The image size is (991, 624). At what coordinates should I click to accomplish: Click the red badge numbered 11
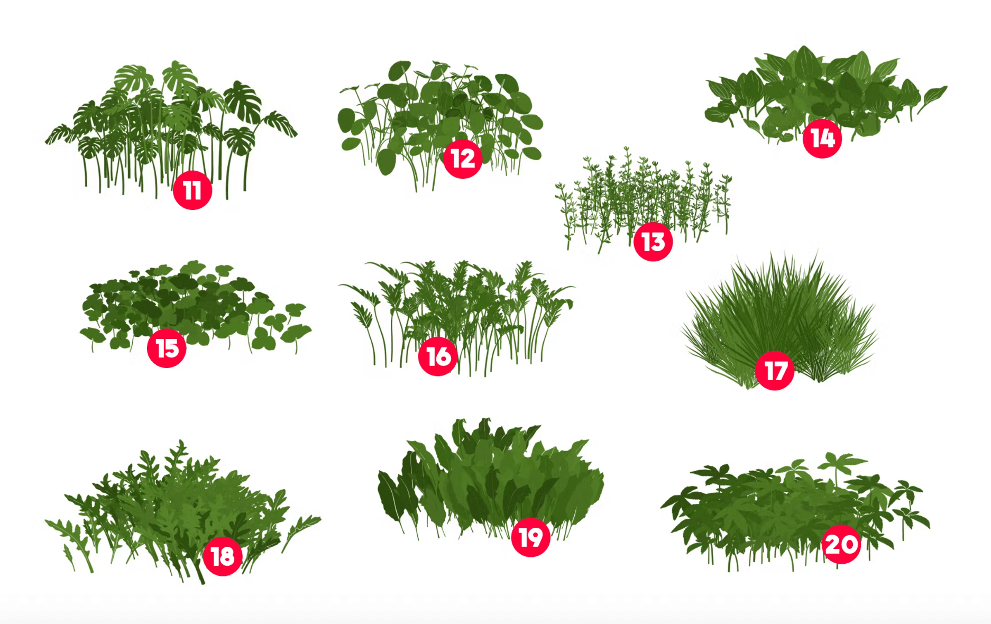[192, 190]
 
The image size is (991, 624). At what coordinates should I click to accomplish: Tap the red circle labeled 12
[463, 159]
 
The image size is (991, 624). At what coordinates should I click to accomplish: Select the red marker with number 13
[653, 242]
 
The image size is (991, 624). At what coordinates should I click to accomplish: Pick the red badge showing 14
[822, 139]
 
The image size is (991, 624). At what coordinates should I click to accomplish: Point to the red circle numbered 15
[167, 348]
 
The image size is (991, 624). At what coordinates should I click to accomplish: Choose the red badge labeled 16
[438, 356]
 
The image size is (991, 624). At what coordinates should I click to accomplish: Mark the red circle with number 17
[775, 371]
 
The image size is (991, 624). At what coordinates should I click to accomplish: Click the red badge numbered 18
[223, 556]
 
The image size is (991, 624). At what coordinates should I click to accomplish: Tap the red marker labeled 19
[530, 537]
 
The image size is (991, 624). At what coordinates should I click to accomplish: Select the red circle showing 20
[841, 544]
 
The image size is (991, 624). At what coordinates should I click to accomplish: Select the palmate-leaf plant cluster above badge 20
[793, 508]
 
